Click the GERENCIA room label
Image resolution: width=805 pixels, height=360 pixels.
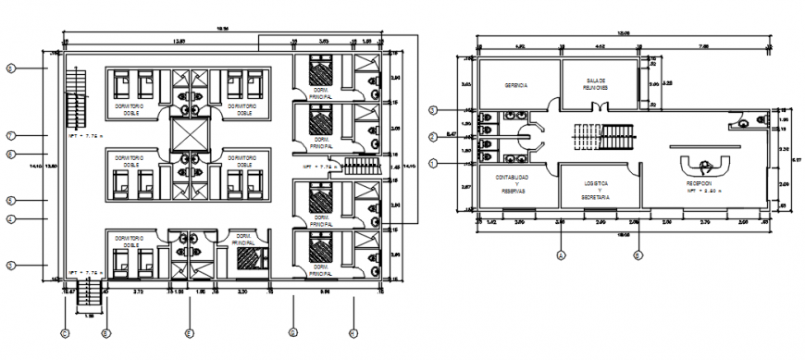pyautogui.click(x=515, y=85)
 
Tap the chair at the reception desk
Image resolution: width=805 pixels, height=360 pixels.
pyautogui.click(x=705, y=166)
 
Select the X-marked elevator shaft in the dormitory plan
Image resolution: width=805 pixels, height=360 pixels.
pyautogui.click(x=189, y=136)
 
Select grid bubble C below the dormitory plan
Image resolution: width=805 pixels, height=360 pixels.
pyautogui.click(x=64, y=332)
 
